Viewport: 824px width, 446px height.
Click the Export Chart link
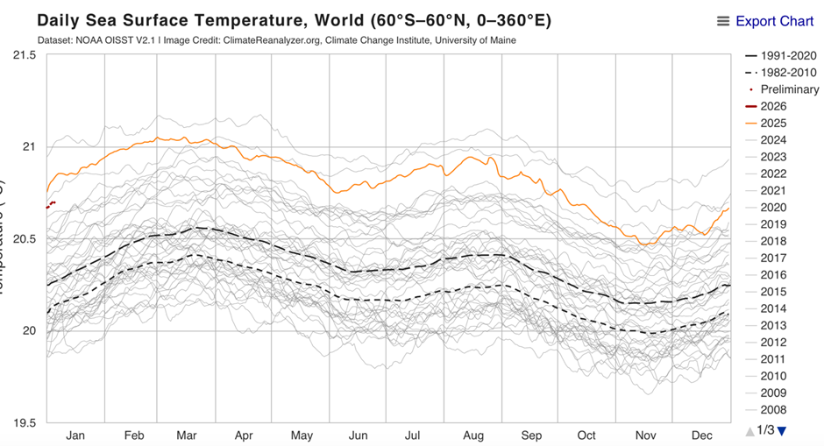(775, 21)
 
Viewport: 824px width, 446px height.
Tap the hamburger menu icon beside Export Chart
(723, 21)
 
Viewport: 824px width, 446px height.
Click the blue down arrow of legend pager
(783, 430)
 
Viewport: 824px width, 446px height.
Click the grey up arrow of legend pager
(749, 430)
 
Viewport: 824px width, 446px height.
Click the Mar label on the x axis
(186, 435)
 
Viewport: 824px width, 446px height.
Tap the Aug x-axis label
(472, 435)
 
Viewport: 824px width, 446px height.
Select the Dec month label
(701, 435)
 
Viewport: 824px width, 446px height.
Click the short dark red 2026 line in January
(52, 204)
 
